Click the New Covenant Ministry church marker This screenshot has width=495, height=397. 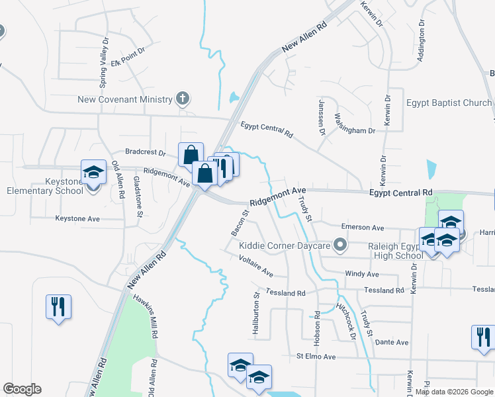[x=183, y=99]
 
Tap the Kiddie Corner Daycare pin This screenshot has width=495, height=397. [x=341, y=246]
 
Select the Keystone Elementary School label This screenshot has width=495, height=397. [x=44, y=186]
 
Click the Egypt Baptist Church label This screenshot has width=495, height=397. [x=449, y=103]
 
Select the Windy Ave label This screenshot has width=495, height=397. [x=362, y=273]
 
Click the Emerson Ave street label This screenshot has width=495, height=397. [x=367, y=228]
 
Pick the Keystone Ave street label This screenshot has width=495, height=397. [x=77, y=218]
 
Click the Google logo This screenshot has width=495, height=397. [x=22, y=389]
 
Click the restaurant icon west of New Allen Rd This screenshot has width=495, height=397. [x=58, y=306]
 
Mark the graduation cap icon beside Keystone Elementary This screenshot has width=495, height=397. [x=93, y=172]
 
